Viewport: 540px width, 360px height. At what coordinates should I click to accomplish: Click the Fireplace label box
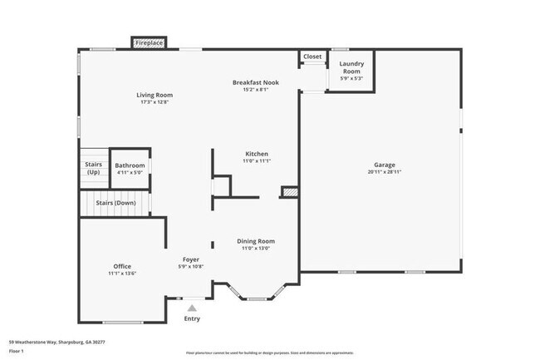[150, 42]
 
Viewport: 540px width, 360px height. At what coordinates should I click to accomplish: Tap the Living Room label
[155, 95]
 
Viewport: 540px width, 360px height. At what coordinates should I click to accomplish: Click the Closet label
[312, 57]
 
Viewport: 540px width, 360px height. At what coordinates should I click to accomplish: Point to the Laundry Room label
[352, 67]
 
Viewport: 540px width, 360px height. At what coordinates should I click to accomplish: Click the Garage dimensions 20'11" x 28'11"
[384, 172]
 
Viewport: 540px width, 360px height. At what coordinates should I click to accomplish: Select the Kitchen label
[256, 154]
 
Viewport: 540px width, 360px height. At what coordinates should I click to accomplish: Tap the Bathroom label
[130, 165]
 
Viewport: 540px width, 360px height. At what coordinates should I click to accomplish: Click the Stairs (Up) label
[93, 168]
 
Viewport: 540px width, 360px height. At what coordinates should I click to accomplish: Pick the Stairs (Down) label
[115, 202]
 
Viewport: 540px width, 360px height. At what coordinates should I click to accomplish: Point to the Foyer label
[192, 259]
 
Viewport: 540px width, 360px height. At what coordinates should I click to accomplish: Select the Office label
[122, 266]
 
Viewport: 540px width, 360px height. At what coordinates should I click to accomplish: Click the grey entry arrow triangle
[192, 308]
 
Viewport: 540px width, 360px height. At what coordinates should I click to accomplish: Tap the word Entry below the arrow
[192, 318]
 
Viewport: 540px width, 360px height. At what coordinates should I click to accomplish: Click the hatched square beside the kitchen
[289, 192]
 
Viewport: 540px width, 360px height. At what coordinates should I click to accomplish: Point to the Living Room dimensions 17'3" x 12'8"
[155, 102]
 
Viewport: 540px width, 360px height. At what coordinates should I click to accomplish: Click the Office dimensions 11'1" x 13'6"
[122, 274]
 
